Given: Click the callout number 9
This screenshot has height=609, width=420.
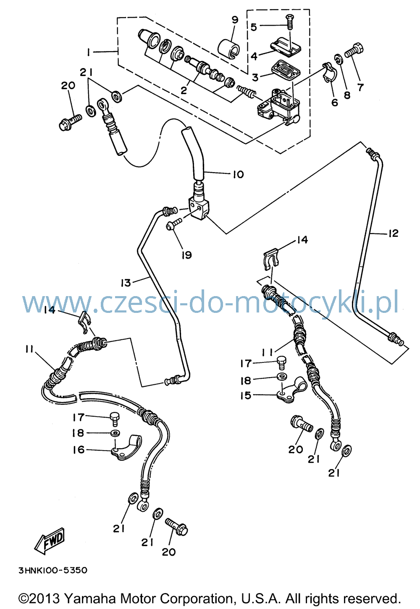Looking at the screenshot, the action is tap(235, 20).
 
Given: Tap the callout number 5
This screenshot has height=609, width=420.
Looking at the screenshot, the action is tap(253, 27).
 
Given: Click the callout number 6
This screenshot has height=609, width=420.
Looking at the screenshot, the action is tap(335, 102).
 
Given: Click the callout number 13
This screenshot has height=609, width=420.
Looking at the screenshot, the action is tap(126, 283).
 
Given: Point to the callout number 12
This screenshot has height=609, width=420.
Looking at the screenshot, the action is tap(393, 233).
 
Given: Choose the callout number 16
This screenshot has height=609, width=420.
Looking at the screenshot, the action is tap(79, 450).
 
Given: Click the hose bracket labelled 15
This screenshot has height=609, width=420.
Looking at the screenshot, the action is tap(291, 390).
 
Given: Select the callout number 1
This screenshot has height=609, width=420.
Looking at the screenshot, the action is tap(88, 52).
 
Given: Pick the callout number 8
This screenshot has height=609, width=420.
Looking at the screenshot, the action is tap(347, 95).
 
